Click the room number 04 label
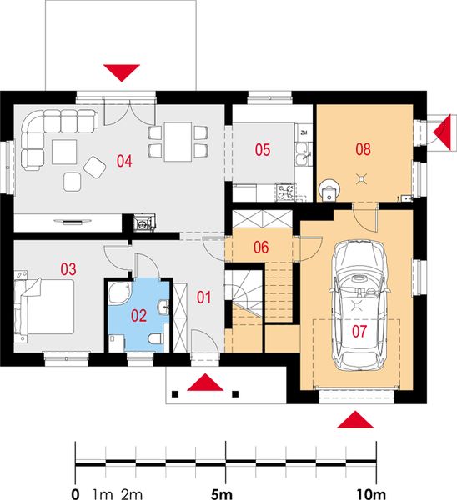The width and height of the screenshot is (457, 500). [125, 161]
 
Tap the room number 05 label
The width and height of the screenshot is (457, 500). [263, 150]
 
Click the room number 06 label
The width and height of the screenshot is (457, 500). [260, 247]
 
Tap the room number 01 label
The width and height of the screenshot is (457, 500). [203, 295]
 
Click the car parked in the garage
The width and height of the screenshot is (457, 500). [361, 304]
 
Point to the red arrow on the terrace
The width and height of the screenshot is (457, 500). [122, 72]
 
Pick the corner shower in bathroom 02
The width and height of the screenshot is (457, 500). [119, 294]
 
